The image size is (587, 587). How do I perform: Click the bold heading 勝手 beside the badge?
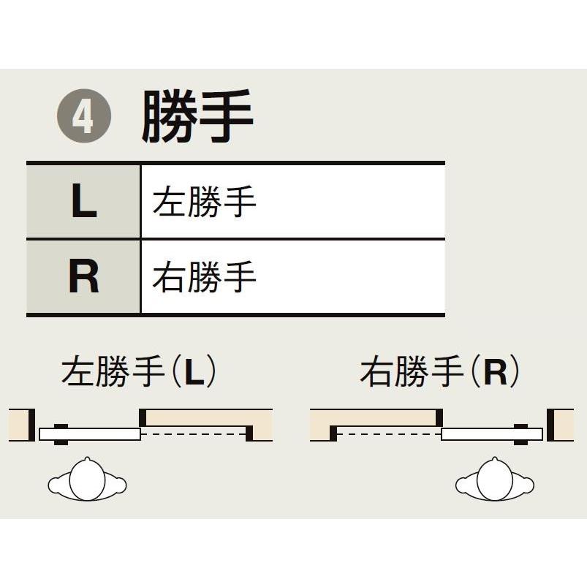[197, 117]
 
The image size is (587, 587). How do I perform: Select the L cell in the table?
[83, 201]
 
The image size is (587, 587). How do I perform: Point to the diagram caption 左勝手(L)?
[139, 372]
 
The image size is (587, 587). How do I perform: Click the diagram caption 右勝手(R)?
[439, 372]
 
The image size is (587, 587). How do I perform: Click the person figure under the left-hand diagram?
[87, 481]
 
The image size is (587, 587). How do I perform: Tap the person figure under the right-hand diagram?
[495, 481]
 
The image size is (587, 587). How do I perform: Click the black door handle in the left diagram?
[61, 434]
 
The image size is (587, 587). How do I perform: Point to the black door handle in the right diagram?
[521, 434]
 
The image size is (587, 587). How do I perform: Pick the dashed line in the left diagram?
[194, 434]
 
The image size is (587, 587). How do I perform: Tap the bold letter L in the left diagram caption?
[192, 373]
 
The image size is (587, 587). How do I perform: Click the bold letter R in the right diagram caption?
[495, 373]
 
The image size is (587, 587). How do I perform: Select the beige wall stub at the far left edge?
[18, 425]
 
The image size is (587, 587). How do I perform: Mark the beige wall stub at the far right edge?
[563, 425]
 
